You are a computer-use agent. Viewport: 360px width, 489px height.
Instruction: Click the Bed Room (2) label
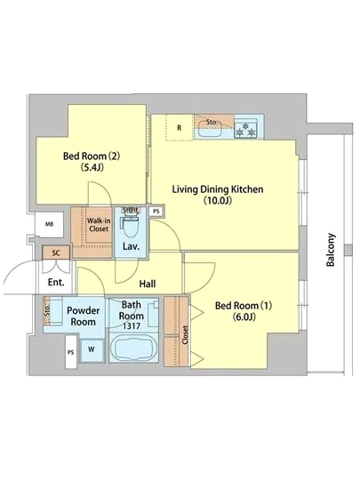[x=92, y=162]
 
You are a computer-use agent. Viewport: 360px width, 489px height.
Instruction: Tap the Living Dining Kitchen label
[x=218, y=195]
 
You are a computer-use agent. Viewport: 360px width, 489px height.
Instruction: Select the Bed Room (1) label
[x=244, y=311]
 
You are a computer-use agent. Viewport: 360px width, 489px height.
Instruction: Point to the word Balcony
[x=331, y=250]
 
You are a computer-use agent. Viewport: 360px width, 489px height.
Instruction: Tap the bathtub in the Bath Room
[x=134, y=348]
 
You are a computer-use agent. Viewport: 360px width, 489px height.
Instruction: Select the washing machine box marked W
[x=92, y=350]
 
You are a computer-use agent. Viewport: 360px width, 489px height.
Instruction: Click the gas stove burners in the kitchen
[x=245, y=129]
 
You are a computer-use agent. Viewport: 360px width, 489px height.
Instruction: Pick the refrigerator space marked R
[x=180, y=128]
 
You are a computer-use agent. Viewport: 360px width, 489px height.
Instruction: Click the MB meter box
[x=49, y=224]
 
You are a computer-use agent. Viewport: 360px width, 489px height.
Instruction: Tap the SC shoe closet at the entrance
[x=56, y=253]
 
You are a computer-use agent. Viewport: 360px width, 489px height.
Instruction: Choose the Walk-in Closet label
[x=99, y=225]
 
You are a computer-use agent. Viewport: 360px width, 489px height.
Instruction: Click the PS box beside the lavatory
[x=156, y=212]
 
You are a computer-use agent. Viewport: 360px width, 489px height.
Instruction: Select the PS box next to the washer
[x=71, y=352]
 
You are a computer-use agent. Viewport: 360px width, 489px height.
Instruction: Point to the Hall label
[x=148, y=284]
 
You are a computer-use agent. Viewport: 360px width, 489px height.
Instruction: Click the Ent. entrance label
[x=56, y=282]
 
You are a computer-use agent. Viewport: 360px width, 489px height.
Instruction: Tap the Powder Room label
[x=84, y=317]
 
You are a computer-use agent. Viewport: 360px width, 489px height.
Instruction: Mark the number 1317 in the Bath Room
[x=132, y=326]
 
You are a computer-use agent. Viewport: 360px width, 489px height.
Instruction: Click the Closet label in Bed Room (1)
[x=185, y=335]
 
